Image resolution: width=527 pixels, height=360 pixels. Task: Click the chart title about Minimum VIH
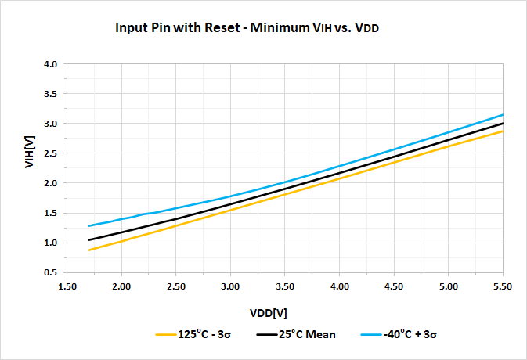click(252, 28)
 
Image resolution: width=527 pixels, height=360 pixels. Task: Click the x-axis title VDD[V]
click(268, 313)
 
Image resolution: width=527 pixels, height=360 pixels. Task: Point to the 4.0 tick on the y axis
click(50, 64)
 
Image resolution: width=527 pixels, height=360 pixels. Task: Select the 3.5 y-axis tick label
click(50, 94)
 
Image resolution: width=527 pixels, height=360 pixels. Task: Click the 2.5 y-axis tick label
click(50, 153)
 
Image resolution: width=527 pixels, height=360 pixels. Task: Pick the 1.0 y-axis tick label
click(50, 243)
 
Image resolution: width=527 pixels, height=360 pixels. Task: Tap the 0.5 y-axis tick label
click(50, 272)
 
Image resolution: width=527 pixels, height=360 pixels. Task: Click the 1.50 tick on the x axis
click(67, 287)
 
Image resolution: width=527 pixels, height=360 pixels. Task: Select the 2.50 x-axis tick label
click(175, 287)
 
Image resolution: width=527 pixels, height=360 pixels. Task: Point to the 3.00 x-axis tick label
click(230, 287)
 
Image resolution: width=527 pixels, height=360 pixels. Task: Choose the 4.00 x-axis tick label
click(339, 287)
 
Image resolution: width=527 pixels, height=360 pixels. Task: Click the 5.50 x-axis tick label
click(502, 287)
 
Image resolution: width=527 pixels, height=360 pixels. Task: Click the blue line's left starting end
click(89, 226)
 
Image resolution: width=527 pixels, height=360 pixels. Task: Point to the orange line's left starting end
click(89, 250)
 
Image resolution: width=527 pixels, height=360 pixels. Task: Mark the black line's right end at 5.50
click(502, 124)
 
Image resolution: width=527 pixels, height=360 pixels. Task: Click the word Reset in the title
click(216, 28)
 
